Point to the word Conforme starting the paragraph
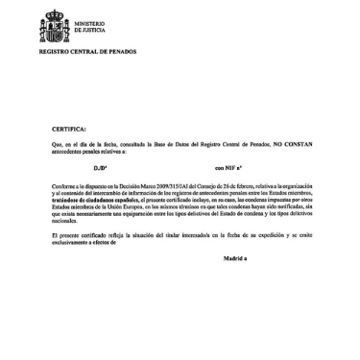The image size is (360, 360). (65, 185)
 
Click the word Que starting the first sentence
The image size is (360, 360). (58, 142)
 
